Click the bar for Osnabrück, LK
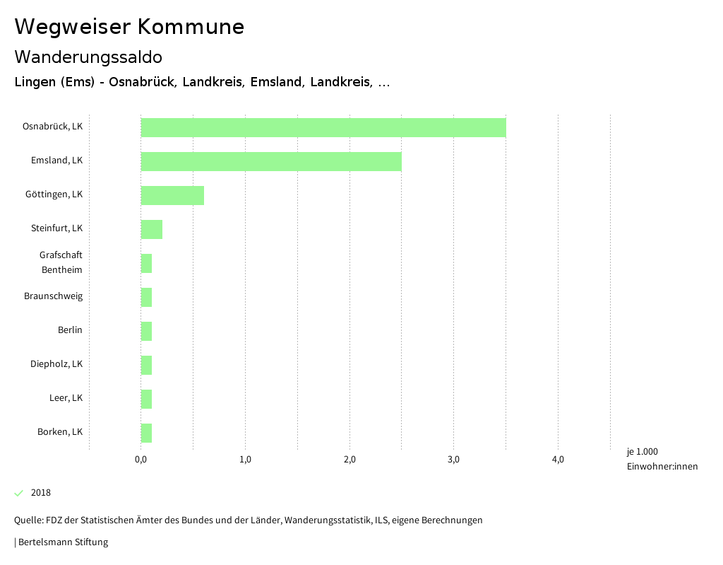click(x=323, y=127)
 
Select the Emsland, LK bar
click(x=271, y=161)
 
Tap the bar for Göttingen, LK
click(x=172, y=195)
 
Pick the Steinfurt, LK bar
click(x=152, y=229)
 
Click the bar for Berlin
click(x=146, y=331)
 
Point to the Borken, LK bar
click(x=146, y=433)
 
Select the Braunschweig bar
click(x=146, y=297)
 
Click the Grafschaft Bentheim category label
click(x=61, y=262)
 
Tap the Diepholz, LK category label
click(x=56, y=364)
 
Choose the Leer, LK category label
click(x=66, y=398)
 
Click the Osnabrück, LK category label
click(x=52, y=127)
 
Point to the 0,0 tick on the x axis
click(x=141, y=460)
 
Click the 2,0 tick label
click(x=349, y=460)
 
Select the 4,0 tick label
click(x=558, y=460)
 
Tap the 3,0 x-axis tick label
click(x=453, y=460)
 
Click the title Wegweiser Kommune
click(x=129, y=27)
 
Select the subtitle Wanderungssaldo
click(x=88, y=57)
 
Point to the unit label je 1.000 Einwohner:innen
click(x=662, y=459)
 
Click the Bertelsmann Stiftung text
click(x=62, y=542)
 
